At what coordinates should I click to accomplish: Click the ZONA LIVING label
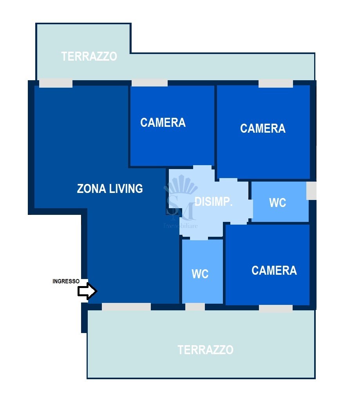[x=110, y=189]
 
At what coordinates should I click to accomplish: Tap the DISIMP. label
[x=213, y=202]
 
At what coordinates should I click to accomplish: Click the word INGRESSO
[x=66, y=281]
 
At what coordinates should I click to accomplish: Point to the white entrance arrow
[x=87, y=291]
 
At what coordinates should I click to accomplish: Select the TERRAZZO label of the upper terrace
[x=89, y=56]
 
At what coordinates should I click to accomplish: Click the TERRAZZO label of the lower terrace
[x=205, y=350]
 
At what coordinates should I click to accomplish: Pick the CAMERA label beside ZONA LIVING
[x=163, y=122]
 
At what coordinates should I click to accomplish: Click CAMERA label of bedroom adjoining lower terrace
[x=274, y=270]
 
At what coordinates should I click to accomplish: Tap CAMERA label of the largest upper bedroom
[x=262, y=128]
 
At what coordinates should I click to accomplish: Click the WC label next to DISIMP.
[x=278, y=203]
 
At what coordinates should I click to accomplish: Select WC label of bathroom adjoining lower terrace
[x=200, y=274]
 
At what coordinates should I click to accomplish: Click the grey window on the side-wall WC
[x=311, y=191]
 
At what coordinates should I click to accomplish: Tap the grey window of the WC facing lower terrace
[x=195, y=307]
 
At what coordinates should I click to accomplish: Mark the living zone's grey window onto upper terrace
[x=56, y=83]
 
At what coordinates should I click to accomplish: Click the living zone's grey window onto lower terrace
[x=126, y=307]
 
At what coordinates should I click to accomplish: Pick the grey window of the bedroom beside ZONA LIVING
[x=150, y=83]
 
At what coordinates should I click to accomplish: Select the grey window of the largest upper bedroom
[x=276, y=84]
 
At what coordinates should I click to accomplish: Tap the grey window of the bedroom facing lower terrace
[x=276, y=309]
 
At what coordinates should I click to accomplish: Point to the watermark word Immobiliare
[x=181, y=226]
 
